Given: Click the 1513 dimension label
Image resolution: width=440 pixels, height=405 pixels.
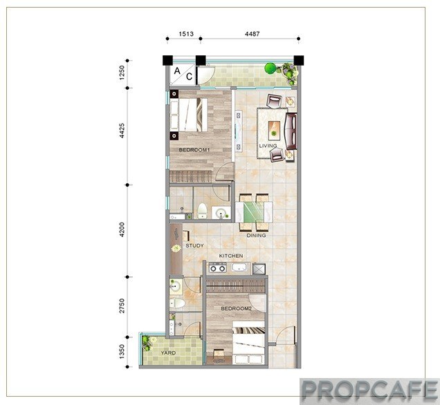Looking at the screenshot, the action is point(186,34).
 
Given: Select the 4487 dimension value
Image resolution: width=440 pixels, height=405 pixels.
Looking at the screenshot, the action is point(253,34).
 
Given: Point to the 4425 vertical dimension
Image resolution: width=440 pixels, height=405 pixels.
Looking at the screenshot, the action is point(122,131).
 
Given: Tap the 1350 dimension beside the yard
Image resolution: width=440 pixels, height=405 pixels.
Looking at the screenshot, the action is point(122,352).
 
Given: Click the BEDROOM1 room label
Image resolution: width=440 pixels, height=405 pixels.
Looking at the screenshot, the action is point(194,150).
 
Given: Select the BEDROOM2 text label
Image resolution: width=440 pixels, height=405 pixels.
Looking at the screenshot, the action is point(236,308).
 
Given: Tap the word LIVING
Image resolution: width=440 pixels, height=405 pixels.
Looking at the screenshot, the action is point(268,146).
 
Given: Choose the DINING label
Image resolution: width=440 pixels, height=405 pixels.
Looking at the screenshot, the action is point(256,236).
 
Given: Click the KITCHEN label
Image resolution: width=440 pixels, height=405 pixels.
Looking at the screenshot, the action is point(231,256).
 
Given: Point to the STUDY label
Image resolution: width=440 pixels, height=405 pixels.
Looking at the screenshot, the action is point(194,245).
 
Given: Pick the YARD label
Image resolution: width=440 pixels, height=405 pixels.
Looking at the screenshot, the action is point(168,353).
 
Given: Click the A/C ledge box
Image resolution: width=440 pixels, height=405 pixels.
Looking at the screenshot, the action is point(183,75).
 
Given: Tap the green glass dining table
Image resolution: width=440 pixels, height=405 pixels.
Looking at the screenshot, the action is point(254,211).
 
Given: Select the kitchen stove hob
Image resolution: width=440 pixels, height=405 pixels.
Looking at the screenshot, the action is point(218,268).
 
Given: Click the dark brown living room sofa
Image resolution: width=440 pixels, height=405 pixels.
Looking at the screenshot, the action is point(291,131).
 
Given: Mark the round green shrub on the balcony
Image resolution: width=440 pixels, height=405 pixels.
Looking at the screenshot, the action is point(271,68).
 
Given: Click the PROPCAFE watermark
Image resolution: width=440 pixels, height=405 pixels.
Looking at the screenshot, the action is point(369,390).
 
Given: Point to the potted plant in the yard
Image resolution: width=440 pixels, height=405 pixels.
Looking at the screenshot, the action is point(148,343).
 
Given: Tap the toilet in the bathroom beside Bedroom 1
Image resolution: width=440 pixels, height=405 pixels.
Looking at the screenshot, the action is point(202,211).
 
